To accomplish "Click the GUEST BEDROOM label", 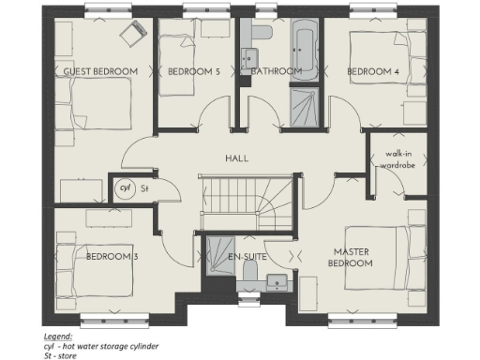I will click(x=100, y=71).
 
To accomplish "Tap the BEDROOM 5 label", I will click(x=194, y=71).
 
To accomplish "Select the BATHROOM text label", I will click(x=276, y=71).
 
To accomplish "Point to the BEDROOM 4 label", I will click(x=373, y=71).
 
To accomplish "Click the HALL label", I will click(x=237, y=158).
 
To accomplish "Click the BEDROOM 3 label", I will click(x=112, y=256).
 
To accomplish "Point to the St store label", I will click(x=144, y=187).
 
